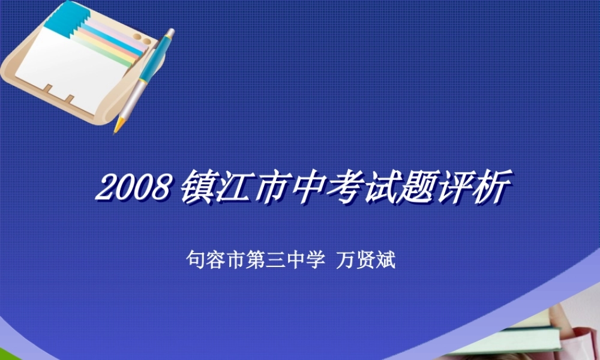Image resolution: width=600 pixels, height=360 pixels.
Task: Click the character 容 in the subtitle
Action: click(x=213, y=261)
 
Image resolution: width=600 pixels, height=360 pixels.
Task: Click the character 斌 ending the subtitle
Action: click(x=385, y=261)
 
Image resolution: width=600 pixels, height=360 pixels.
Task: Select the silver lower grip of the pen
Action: click(x=133, y=98)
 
